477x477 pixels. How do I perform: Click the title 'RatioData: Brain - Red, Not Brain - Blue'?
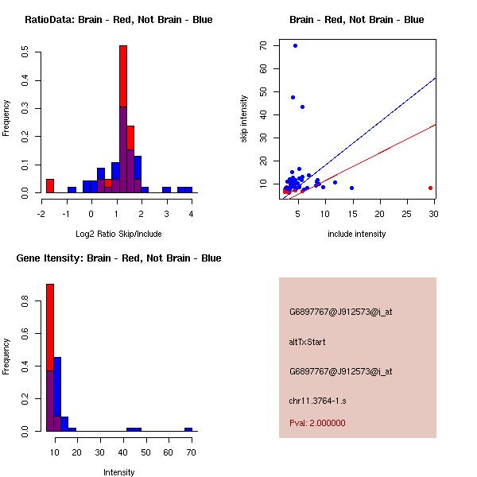coord(118,20)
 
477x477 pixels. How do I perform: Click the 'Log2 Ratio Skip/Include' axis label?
coord(118,234)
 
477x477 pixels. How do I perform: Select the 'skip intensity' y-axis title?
coord(244,119)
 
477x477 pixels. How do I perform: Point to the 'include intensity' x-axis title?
coord(357,234)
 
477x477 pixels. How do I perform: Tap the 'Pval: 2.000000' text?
coord(317,423)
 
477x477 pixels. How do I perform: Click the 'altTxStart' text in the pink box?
coord(308,342)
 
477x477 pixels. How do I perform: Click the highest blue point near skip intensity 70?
coord(295,45)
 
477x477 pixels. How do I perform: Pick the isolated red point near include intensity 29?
coord(430,188)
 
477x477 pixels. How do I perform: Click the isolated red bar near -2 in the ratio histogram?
coord(50,185)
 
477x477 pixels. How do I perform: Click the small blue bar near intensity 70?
coord(188,429)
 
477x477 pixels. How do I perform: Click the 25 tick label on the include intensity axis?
coord(408,213)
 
